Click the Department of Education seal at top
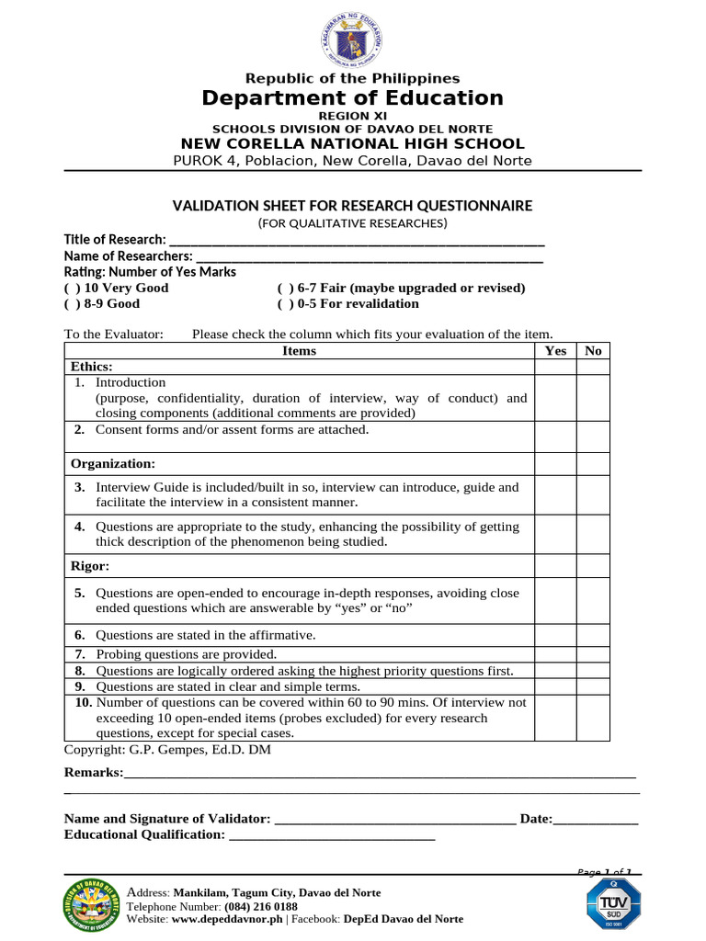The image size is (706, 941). pyautogui.click(x=352, y=36)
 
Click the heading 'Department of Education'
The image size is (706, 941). pyautogui.click(x=352, y=98)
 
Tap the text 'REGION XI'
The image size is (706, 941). pyautogui.click(x=352, y=116)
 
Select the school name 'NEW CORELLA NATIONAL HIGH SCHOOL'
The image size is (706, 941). pyautogui.click(x=352, y=144)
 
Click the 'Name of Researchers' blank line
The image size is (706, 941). pyautogui.click(x=368, y=256)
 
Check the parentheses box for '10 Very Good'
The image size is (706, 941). pyautogui.click(x=72, y=288)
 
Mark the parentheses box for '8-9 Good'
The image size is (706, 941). pyautogui.click(x=72, y=303)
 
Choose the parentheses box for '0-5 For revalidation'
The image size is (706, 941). pyautogui.click(x=285, y=303)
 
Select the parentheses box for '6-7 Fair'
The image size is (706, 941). pyautogui.click(x=285, y=288)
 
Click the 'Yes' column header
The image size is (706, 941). pyautogui.click(x=555, y=350)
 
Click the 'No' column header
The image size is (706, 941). pyautogui.click(x=593, y=350)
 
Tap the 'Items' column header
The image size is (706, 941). pyautogui.click(x=299, y=350)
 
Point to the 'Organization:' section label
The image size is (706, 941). pyautogui.click(x=113, y=463)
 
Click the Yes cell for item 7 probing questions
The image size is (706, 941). pyautogui.click(x=555, y=654)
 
